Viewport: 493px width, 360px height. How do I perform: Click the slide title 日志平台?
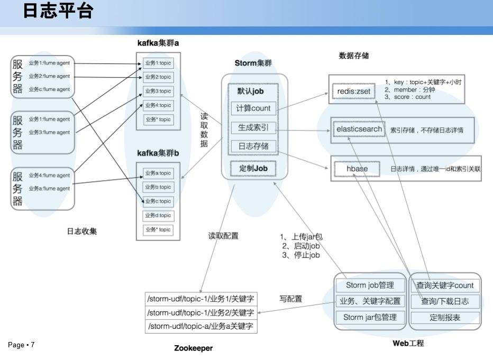pyautogui.click(x=58, y=11)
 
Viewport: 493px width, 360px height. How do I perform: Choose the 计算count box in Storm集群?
pyautogui.click(x=254, y=108)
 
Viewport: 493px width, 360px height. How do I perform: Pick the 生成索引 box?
pyautogui.click(x=254, y=127)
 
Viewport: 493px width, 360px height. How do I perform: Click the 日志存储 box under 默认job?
pyautogui.click(x=254, y=146)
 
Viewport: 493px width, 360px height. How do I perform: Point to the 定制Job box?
pyautogui.click(x=254, y=168)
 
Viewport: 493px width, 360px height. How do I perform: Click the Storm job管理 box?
pyautogui.click(x=370, y=285)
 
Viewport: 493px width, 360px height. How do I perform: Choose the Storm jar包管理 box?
pyautogui.click(x=370, y=318)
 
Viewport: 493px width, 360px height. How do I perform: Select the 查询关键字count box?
pyautogui.click(x=445, y=285)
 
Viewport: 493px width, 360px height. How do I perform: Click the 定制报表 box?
pyautogui.click(x=445, y=318)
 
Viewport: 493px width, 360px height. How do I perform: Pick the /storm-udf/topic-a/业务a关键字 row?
pyautogui.click(x=201, y=326)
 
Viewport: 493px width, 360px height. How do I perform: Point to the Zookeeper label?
pyautogui.click(x=194, y=348)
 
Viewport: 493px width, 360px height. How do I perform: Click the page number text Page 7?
pyautogui.click(x=21, y=345)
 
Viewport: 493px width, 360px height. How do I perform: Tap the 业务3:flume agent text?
pyautogui.click(x=49, y=133)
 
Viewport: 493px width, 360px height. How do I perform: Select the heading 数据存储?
pyautogui.click(x=354, y=56)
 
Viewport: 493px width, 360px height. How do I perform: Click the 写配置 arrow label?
pyautogui.click(x=290, y=299)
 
